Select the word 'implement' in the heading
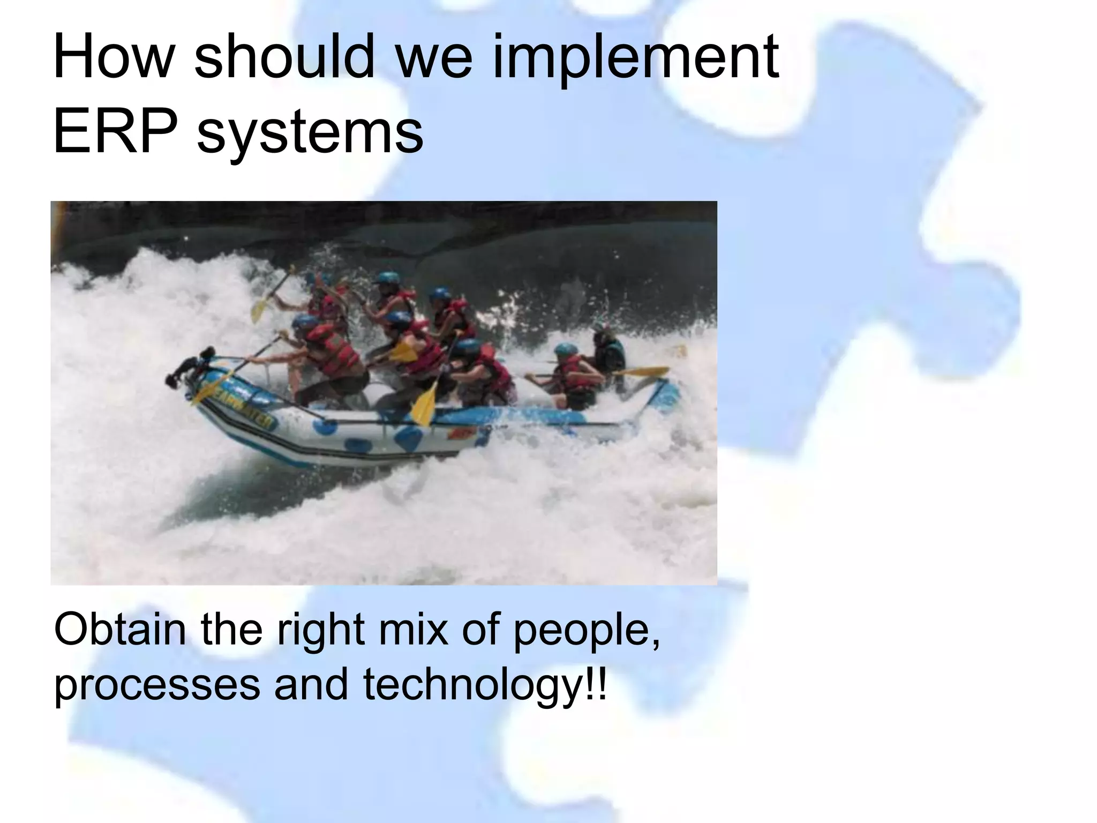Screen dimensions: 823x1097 (634, 56)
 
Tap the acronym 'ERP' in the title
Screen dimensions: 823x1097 (115, 130)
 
